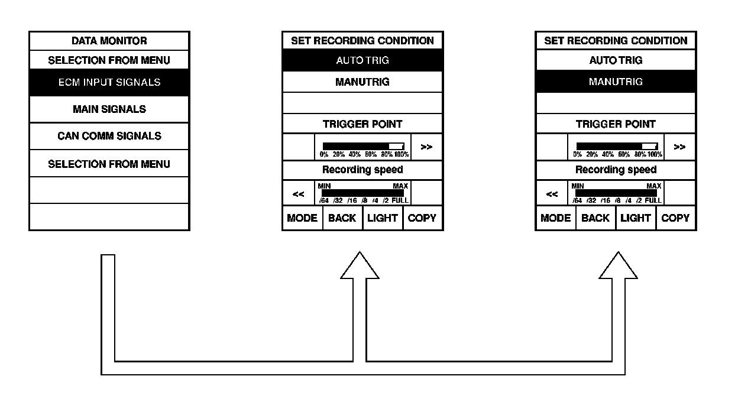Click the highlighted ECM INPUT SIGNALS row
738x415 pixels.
point(109,82)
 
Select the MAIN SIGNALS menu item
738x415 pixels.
point(109,109)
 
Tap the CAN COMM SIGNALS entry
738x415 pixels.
point(109,136)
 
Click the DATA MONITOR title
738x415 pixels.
point(109,41)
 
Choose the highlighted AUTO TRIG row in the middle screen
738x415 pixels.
point(362,60)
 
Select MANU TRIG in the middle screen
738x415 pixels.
point(362,82)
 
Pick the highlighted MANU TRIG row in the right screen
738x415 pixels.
point(616,82)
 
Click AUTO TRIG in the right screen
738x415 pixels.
point(616,60)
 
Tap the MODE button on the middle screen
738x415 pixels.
point(302,218)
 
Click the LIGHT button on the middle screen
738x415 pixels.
point(383,218)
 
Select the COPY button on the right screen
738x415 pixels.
point(676,218)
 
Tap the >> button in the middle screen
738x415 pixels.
point(426,147)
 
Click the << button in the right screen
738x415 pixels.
point(552,193)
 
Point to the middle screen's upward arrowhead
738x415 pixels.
point(360,265)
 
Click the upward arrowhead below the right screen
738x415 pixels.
point(618,265)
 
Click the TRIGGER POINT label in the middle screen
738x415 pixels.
point(362,124)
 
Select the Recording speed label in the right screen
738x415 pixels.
point(616,170)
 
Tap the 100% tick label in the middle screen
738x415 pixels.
point(402,154)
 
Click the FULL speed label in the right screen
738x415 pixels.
point(653,200)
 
